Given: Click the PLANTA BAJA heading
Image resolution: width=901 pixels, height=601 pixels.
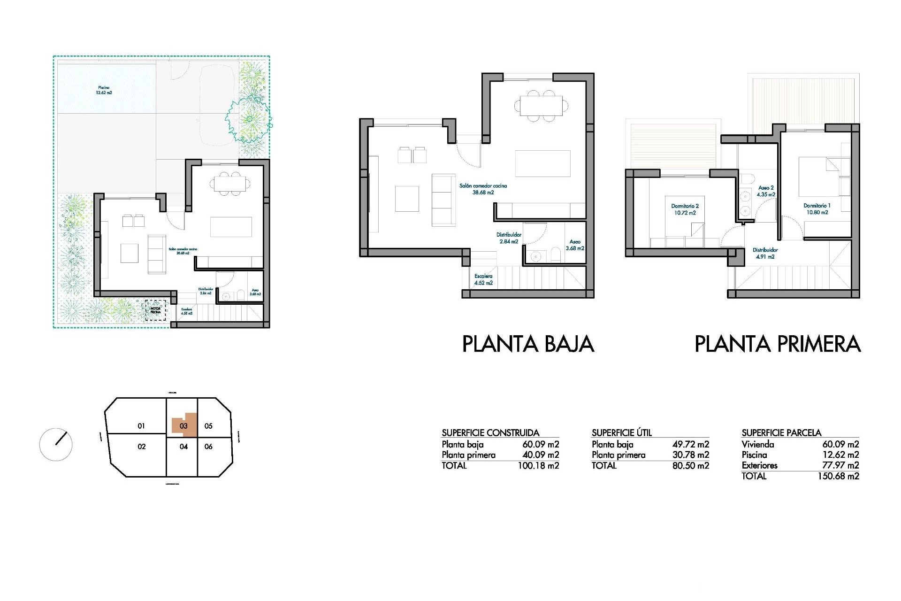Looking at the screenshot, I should (528, 344).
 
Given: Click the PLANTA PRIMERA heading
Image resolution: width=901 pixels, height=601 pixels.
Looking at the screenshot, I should (777, 344).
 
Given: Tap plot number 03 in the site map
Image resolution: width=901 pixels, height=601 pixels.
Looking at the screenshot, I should (183, 426).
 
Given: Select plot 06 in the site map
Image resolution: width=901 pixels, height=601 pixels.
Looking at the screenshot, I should (208, 447).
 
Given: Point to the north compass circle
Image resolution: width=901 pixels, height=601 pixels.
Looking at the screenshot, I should (56, 444).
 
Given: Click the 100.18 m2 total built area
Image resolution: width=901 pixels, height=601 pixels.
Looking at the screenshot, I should (538, 466).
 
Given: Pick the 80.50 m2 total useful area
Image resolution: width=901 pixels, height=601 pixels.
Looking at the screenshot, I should (690, 466).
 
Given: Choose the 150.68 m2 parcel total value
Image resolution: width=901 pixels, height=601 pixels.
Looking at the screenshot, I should (838, 476).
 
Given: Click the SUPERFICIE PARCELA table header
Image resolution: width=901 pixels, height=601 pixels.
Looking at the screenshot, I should (781, 433).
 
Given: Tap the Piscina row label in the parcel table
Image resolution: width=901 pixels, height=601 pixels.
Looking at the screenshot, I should (754, 455).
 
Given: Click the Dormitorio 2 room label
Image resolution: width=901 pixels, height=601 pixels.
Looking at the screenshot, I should (685, 209).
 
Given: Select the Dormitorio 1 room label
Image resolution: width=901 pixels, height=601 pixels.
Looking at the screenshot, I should (817, 209).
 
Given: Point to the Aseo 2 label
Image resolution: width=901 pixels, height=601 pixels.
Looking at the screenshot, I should (766, 191).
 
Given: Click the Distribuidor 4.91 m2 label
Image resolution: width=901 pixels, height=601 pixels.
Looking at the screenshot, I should (765, 254).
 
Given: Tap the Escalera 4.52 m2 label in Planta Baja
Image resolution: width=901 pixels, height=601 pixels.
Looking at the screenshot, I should (483, 280).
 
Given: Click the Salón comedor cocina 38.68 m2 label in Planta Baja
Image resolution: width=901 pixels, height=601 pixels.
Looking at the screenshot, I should (483, 189).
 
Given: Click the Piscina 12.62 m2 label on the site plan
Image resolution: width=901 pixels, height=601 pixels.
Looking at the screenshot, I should (104, 90).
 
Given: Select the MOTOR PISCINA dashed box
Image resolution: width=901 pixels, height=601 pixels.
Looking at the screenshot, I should (155, 310).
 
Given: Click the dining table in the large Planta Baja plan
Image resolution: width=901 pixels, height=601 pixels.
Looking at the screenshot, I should (541, 106).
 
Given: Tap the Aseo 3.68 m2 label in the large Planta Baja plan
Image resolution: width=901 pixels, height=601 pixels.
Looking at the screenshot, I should (575, 245).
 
